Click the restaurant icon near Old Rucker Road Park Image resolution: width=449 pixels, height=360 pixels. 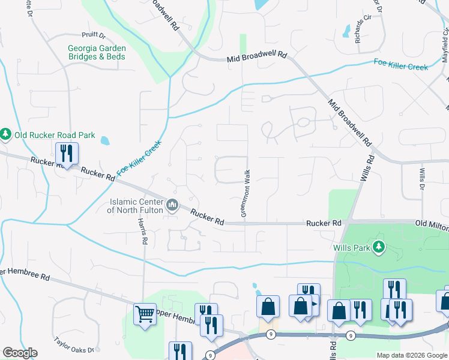(67, 154)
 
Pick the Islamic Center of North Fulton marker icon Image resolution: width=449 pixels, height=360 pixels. (172, 205)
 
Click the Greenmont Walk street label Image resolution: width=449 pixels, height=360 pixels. (245, 193)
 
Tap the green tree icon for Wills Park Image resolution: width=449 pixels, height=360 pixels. (378, 247)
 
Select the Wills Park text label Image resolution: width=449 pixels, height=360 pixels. (352, 247)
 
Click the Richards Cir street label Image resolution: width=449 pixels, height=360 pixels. (359, 31)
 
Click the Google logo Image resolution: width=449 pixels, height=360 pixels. (20, 353)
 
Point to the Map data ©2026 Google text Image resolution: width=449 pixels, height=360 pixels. (412, 355)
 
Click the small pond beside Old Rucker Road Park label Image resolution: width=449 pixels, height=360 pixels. (106, 142)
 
